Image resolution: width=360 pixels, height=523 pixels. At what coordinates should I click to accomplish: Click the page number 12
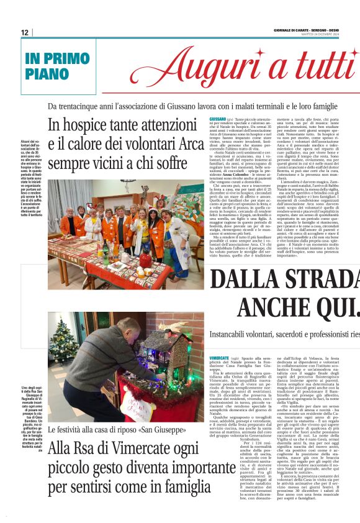(x=24, y=32)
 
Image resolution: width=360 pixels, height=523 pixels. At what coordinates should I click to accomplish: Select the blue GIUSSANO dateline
(x=217, y=119)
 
